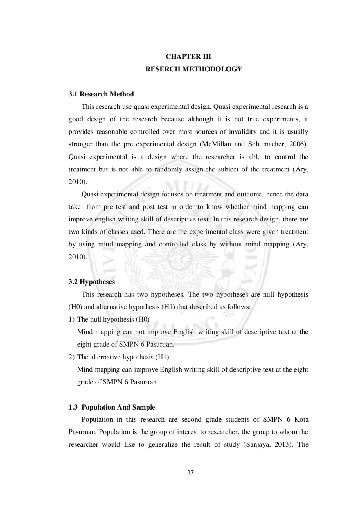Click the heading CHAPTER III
(188, 57)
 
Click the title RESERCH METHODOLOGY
(193, 69)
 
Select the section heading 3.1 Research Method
(101, 94)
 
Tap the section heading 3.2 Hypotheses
(91, 282)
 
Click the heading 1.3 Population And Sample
(112, 407)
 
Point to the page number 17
(190, 472)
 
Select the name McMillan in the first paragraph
(216, 144)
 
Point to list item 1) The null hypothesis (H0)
(109, 320)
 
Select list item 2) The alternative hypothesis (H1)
(119, 357)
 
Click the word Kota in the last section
(301, 420)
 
